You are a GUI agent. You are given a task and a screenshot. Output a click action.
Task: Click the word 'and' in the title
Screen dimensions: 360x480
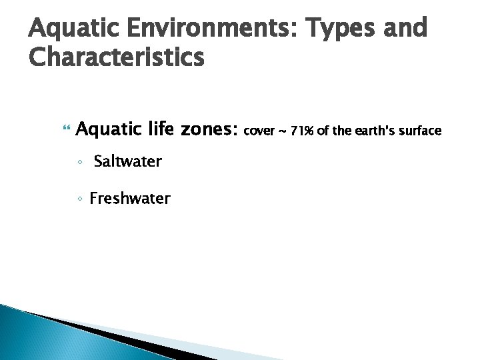point(406,29)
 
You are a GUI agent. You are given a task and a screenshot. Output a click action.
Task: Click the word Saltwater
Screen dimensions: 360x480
point(127,161)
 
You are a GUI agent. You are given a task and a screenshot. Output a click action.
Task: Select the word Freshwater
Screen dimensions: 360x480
point(130,198)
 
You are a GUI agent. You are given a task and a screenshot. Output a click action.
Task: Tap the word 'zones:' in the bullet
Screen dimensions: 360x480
point(209,129)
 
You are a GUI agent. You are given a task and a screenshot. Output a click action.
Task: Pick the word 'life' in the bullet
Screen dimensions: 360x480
point(159,129)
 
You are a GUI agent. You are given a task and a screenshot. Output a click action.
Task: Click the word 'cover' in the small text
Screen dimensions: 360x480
point(259,131)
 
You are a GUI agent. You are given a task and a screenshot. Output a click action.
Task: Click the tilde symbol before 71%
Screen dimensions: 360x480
point(283,131)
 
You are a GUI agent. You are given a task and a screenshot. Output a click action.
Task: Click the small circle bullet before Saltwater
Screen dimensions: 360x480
point(79,162)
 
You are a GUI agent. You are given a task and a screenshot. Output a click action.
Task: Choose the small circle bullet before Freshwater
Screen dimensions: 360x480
point(79,199)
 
